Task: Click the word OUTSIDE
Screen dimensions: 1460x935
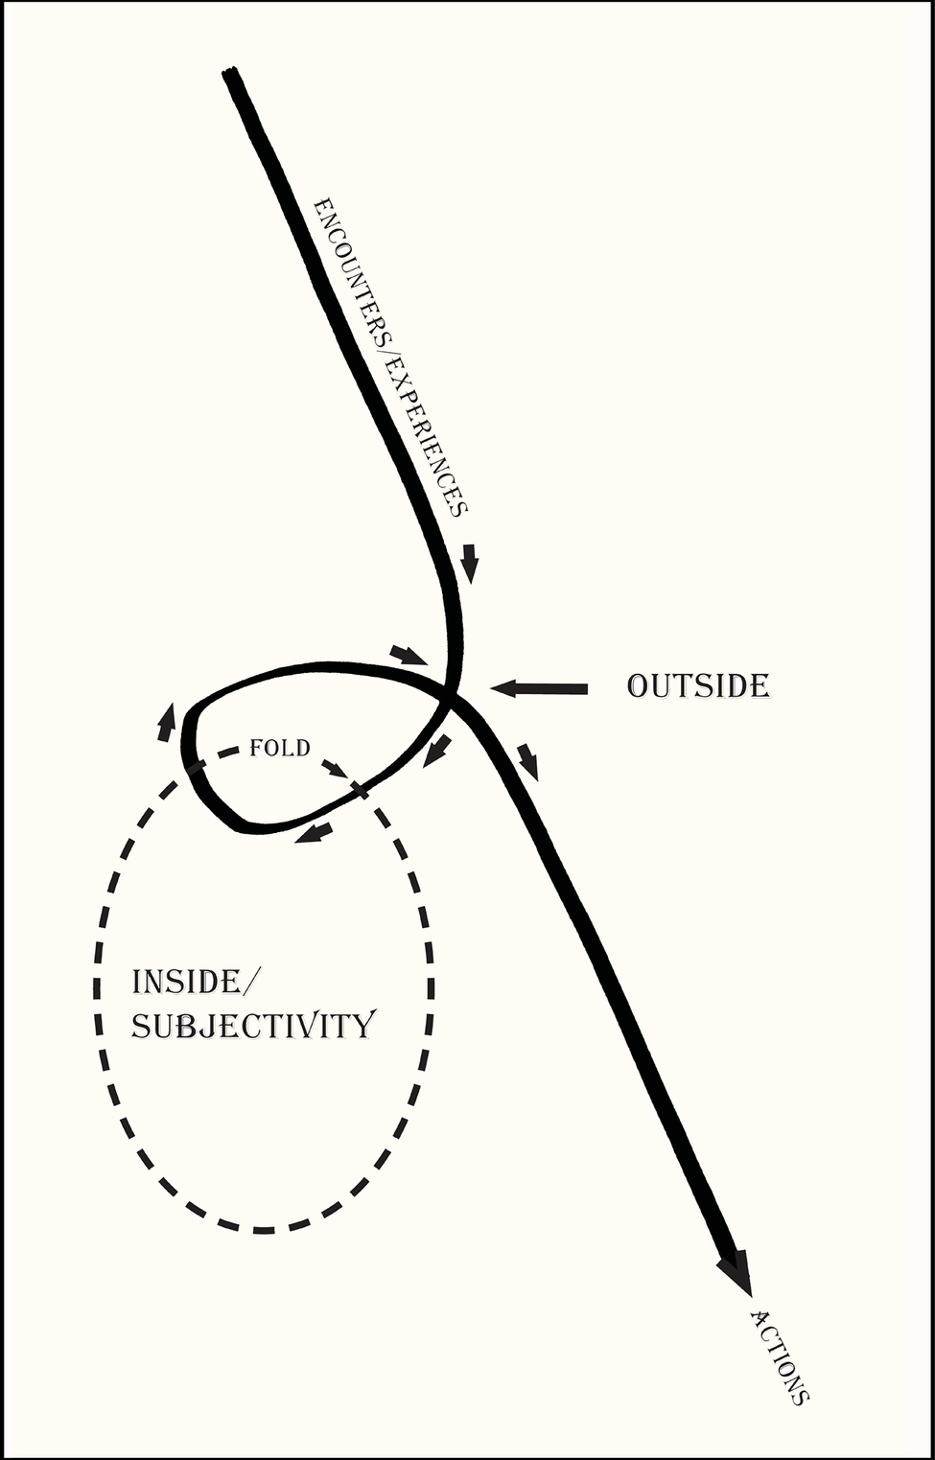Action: [x=698, y=686]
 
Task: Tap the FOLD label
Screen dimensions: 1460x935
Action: [x=279, y=748]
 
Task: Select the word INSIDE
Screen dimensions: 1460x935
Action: [x=186, y=982]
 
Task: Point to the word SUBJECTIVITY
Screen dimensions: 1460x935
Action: [x=252, y=1026]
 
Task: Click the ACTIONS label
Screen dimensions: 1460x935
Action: [x=780, y=1356]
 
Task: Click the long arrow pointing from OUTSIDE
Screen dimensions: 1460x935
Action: [x=539, y=688]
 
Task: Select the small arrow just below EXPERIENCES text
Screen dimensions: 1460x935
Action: [x=469, y=563]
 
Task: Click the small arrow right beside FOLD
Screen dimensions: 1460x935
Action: [x=335, y=769]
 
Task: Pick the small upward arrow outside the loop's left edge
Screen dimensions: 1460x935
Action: [x=167, y=722]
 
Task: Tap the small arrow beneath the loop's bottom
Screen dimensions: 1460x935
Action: [x=314, y=832]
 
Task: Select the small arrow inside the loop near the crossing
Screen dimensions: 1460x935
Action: [x=436, y=750]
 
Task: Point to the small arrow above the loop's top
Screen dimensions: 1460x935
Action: [x=409, y=656]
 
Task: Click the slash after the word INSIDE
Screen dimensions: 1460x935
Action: [x=252, y=982]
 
